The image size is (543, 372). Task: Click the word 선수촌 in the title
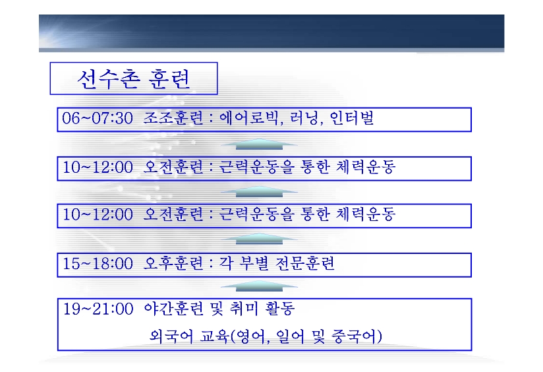(109, 79)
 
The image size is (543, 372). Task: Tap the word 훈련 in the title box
(169, 79)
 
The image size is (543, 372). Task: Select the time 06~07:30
(98, 119)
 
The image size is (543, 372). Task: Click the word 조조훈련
(173, 118)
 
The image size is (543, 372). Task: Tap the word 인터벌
(352, 118)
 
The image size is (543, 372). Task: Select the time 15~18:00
(98, 264)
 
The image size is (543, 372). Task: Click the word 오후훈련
(173, 263)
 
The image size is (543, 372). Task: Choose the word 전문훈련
(305, 263)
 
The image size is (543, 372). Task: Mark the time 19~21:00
(98, 309)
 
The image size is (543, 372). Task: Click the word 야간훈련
(174, 309)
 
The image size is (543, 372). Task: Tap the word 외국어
(171, 336)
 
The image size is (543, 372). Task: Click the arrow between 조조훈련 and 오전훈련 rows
(259, 144)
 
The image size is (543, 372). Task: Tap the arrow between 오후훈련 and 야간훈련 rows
(259, 286)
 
